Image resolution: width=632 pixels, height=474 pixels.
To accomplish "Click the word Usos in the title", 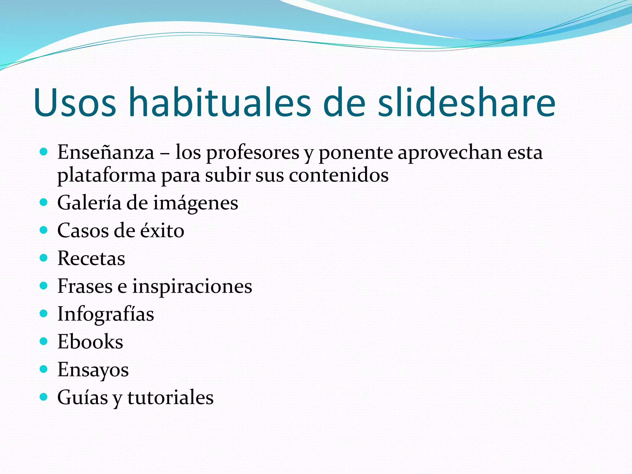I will click(x=75, y=102).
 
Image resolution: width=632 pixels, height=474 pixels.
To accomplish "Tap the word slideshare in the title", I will click(x=467, y=102).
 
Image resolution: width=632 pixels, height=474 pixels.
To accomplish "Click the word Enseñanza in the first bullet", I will click(x=106, y=152).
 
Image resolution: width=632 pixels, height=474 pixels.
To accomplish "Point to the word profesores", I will click(x=253, y=153).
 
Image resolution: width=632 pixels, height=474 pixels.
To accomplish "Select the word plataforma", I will click(x=106, y=176).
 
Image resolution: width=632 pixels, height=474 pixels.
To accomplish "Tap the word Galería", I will click(x=89, y=203).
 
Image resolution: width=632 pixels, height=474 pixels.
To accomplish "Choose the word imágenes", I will click(x=196, y=203).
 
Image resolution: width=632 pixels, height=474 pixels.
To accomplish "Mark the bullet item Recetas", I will click(x=91, y=258).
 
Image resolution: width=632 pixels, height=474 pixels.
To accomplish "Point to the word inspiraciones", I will click(x=192, y=287).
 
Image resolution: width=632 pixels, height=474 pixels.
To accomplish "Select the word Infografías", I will click(x=106, y=314).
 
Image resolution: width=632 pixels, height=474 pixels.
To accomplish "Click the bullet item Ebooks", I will click(x=90, y=342).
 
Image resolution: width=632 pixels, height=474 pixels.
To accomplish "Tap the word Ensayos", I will click(x=93, y=370).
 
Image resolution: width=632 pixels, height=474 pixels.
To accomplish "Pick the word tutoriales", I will click(x=170, y=397).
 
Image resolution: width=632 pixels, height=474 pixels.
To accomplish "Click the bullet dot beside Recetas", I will click(x=44, y=258).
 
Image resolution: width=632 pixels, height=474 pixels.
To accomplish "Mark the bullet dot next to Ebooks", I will click(x=44, y=341).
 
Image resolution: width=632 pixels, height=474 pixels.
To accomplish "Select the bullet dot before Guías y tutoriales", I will click(x=44, y=397).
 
